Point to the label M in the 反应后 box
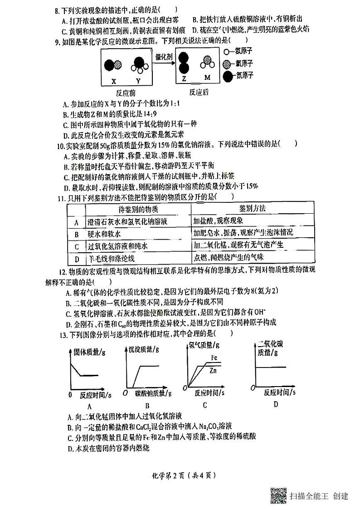208,78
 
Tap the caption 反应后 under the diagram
199,92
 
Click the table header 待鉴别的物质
138,209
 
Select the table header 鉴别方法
253,208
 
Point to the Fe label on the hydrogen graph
215,358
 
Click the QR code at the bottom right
278,496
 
